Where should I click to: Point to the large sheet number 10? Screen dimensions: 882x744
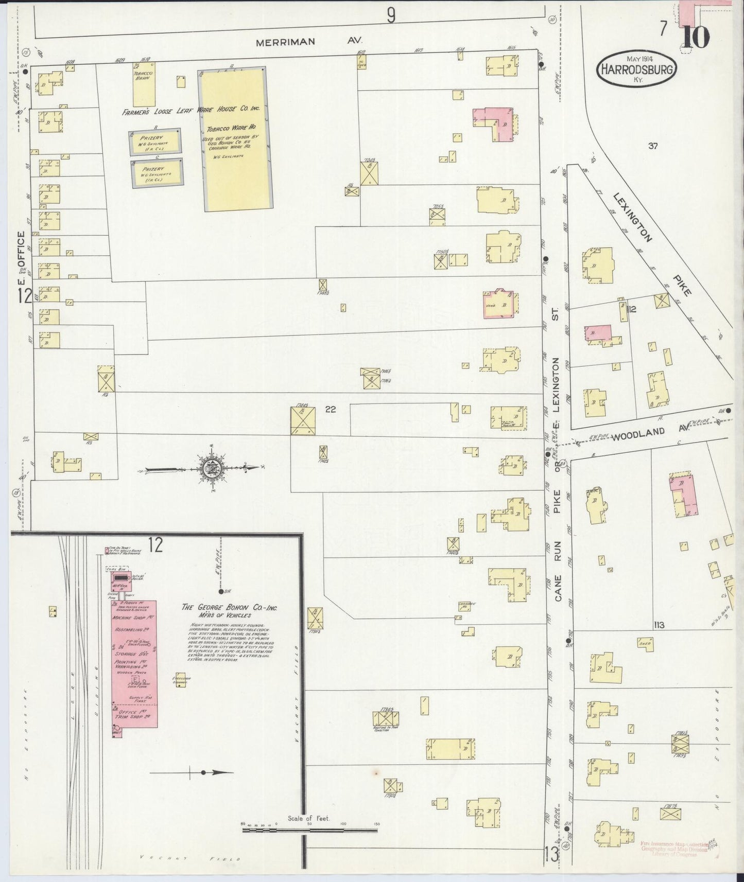[696, 36]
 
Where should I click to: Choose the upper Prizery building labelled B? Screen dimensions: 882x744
[155, 141]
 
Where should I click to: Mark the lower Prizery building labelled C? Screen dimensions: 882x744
[158, 174]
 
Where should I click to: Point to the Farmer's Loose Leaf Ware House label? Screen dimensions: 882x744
[191, 110]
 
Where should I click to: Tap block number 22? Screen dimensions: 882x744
[331, 409]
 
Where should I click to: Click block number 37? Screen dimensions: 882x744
[653, 146]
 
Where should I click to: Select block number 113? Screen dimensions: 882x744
[659, 625]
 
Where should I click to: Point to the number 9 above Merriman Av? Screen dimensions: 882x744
[391, 16]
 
